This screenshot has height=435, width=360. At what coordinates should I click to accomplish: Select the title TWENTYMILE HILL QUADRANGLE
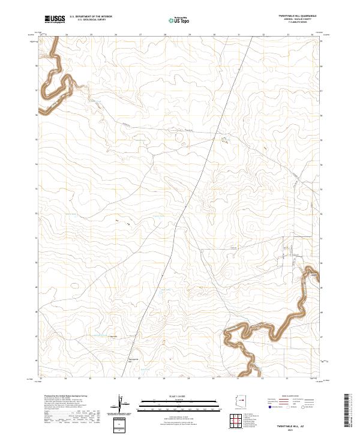[293, 15]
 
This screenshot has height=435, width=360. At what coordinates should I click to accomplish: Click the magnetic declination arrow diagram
[123, 403]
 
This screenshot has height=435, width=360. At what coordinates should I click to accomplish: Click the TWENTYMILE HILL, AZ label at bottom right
[299, 424]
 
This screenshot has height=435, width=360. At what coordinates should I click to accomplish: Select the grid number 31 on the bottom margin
[238, 379]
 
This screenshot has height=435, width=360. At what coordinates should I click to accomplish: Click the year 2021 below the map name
[299, 430]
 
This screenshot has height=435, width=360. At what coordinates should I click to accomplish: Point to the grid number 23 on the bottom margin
[41, 379]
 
